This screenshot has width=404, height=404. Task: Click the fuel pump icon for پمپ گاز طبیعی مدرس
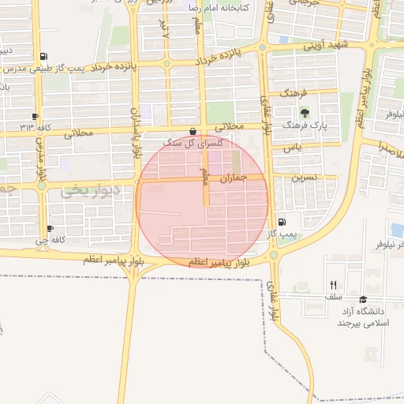point(42,57)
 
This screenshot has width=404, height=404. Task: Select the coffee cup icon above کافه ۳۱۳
point(36,116)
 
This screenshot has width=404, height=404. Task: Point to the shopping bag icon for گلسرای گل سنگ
point(193,131)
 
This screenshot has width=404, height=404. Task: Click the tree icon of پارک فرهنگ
point(305,113)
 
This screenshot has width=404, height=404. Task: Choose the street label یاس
point(293,148)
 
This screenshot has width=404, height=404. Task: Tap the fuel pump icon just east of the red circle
point(282,223)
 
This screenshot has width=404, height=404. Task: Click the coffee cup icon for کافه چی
point(50,228)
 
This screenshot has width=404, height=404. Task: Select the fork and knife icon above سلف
point(333,286)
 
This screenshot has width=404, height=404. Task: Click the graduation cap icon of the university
point(363,300)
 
